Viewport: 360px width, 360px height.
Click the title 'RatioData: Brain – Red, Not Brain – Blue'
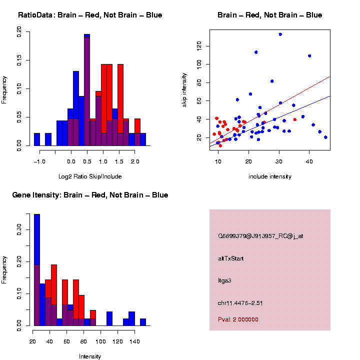[x=90, y=15]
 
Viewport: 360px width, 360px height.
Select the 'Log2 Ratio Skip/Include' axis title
[x=90, y=176]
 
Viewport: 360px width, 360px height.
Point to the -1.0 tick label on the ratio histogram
[x=39, y=162]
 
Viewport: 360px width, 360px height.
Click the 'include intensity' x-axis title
[x=270, y=176]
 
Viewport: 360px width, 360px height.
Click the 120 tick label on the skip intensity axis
[x=199, y=46]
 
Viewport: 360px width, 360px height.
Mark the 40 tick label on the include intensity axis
[x=309, y=162]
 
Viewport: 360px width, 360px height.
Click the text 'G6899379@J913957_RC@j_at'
[x=260, y=236]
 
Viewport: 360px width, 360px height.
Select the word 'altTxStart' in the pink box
[x=230, y=258]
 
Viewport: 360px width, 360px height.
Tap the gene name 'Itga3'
[x=225, y=280]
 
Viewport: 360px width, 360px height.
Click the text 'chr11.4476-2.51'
[x=240, y=303]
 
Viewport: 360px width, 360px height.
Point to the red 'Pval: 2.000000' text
[x=238, y=319]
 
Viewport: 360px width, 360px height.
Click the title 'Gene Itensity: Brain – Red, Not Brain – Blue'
[x=90, y=195]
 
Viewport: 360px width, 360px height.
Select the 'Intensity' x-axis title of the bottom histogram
[x=90, y=356]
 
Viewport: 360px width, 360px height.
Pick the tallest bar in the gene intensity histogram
[x=36, y=270]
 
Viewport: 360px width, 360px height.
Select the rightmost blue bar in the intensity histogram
[x=142, y=322]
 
